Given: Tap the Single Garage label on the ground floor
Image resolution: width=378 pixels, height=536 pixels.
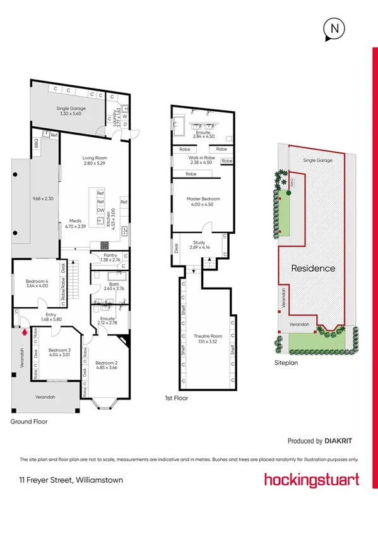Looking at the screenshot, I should pyautogui.click(x=71, y=109).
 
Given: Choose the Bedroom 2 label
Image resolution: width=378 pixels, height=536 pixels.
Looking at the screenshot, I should pyautogui.click(x=107, y=363).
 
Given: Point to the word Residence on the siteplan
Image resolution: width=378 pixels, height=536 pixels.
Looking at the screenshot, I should pyautogui.click(x=313, y=268).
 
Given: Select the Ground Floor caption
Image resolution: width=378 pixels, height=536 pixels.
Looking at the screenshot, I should pyautogui.click(x=29, y=421).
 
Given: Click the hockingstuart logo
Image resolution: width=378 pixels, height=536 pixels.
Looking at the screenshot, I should pyautogui.click(x=312, y=479).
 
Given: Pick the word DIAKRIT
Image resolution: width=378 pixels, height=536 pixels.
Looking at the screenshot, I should pyautogui.click(x=342, y=441).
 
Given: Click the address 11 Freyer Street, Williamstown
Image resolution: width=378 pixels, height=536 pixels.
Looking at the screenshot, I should pyautogui.click(x=71, y=480).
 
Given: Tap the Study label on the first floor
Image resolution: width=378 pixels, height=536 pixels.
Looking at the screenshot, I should pyautogui.click(x=199, y=243).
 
